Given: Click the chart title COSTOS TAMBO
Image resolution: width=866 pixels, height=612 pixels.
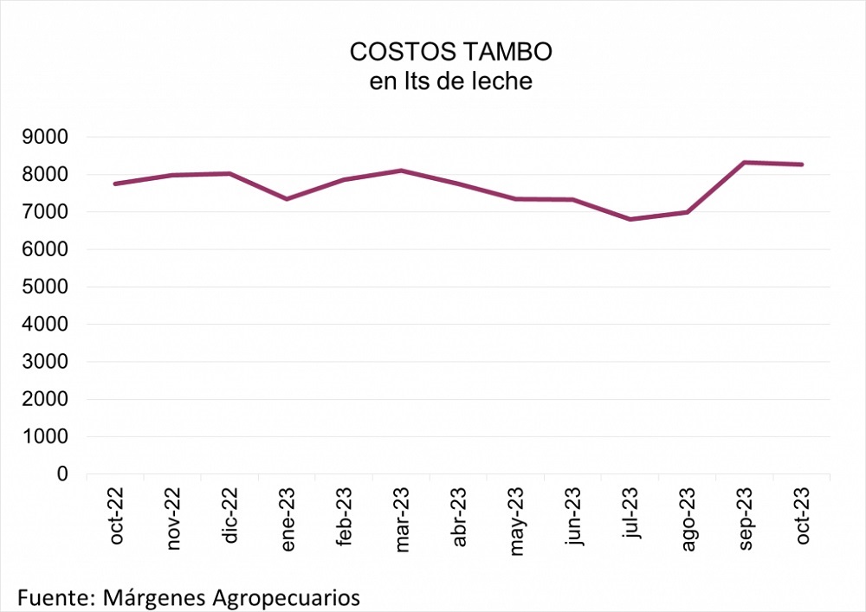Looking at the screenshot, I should coord(450,52).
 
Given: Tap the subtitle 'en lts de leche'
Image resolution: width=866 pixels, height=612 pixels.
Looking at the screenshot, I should coord(450,82).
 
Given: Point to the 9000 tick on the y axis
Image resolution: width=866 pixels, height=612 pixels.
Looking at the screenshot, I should coord(50,137).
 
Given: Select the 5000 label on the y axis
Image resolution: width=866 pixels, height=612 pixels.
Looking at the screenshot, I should coord(50,287).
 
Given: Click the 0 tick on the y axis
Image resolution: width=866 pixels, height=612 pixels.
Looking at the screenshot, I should coord(63,474).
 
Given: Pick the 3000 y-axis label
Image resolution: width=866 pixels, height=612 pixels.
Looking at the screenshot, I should coord(50,362).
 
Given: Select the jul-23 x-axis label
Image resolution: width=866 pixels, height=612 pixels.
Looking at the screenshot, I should coord(631,517).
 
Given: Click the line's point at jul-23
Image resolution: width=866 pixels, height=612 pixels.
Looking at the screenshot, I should coord(631,219).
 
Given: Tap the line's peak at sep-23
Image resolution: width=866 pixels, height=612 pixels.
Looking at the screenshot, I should coord(746,162).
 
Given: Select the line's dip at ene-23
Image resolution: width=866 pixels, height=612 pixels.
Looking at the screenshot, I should coord(288,199).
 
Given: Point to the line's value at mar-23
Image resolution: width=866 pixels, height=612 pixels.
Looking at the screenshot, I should coord(402,171).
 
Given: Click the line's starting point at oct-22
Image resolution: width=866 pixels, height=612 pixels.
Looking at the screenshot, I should coord(116,184).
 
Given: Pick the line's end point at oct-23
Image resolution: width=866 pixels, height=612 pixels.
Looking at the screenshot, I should coord(803,164).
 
